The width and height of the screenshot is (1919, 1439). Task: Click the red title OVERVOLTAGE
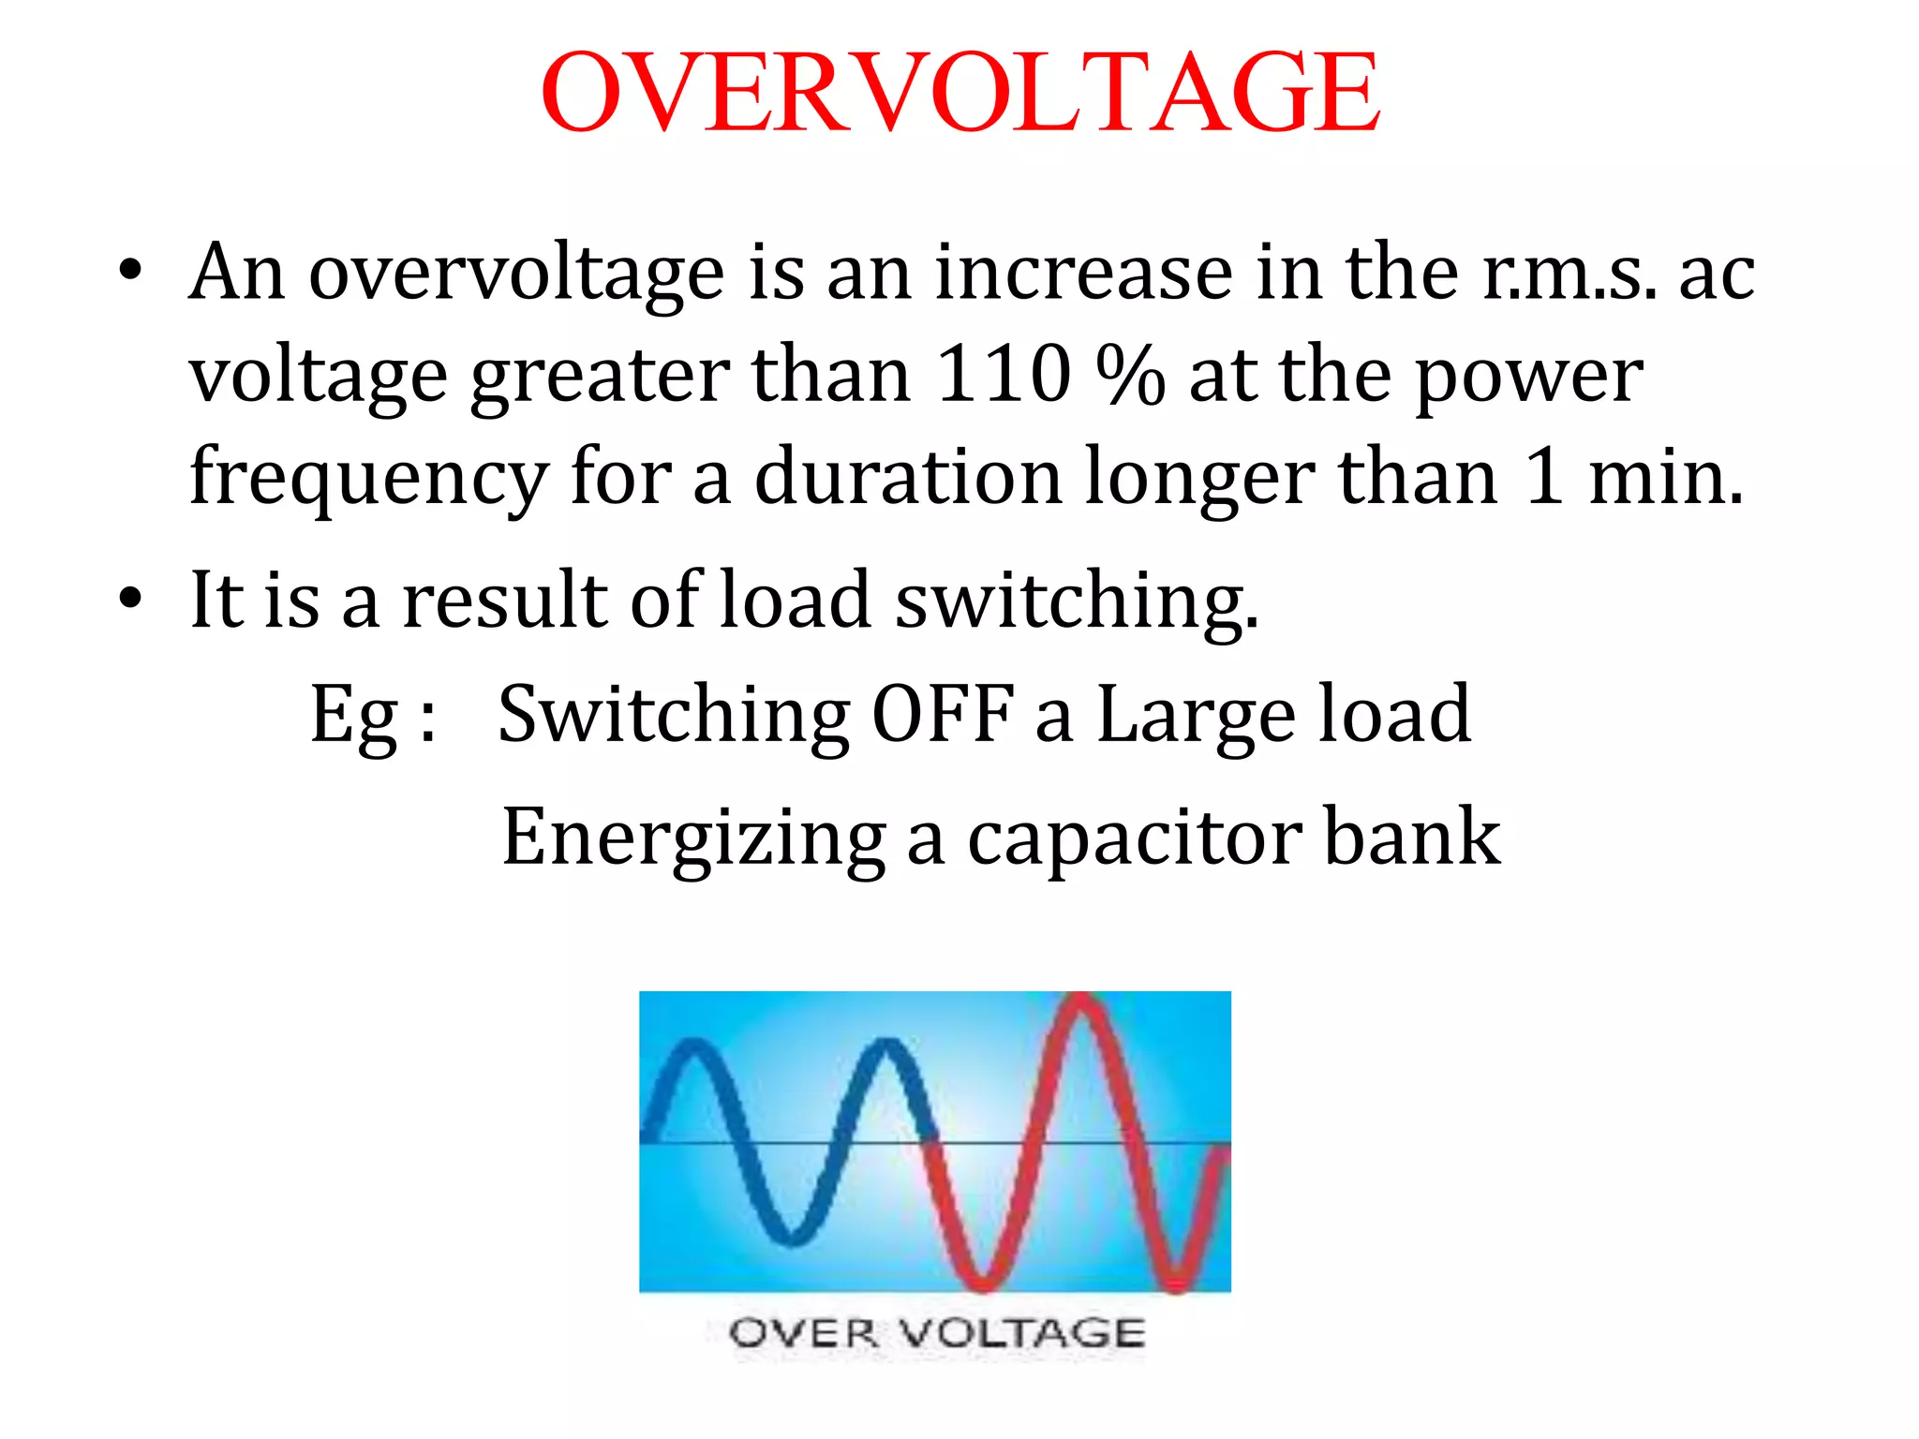pos(959,92)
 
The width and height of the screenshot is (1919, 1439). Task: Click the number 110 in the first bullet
pos(1003,374)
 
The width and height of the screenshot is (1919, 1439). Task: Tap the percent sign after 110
pos(1131,374)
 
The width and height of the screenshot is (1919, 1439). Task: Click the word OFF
pos(943,714)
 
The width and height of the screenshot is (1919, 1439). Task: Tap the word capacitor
pos(1134,836)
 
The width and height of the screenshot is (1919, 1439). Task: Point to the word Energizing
pos(693,838)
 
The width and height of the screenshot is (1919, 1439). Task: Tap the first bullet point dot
pos(130,273)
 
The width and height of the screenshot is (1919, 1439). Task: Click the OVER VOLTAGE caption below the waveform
pos(936,1331)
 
